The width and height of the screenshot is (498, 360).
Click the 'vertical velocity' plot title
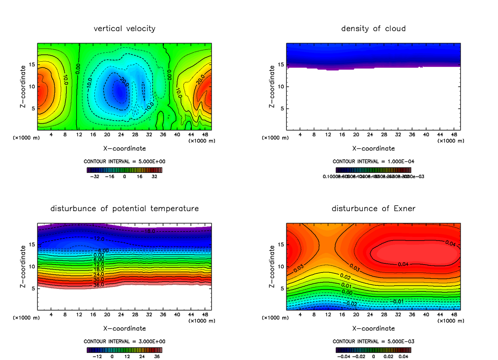[x=124, y=29]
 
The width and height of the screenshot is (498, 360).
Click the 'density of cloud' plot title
[x=373, y=29]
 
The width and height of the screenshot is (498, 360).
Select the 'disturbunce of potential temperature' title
[x=124, y=209]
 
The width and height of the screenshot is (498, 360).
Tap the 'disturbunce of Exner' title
[x=373, y=209]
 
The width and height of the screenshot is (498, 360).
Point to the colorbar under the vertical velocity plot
[x=124, y=170]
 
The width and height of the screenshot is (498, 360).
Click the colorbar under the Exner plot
[x=373, y=350]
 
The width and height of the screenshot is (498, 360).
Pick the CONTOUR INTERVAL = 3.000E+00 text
[x=124, y=341]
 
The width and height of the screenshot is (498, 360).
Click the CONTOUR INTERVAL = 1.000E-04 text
[x=373, y=161]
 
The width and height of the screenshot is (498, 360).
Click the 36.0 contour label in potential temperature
[x=98, y=285]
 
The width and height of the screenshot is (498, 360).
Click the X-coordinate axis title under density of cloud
[x=373, y=148]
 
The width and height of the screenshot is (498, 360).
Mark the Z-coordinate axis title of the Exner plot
[x=272, y=266]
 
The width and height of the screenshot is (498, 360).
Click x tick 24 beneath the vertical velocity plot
[x=121, y=134]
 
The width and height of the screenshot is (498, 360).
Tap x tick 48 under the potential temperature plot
[x=205, y=314]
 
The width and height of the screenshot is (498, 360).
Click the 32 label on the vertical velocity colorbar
[x=154, y=176]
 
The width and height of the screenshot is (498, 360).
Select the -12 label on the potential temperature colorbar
[x=97, y=356]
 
